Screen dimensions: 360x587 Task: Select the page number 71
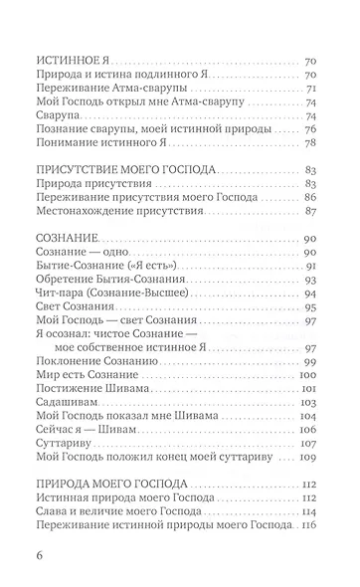pyautogui.click(x=310, y=90)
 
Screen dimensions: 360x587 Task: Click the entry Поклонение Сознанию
pyautogui.click(x=94, y=362)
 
